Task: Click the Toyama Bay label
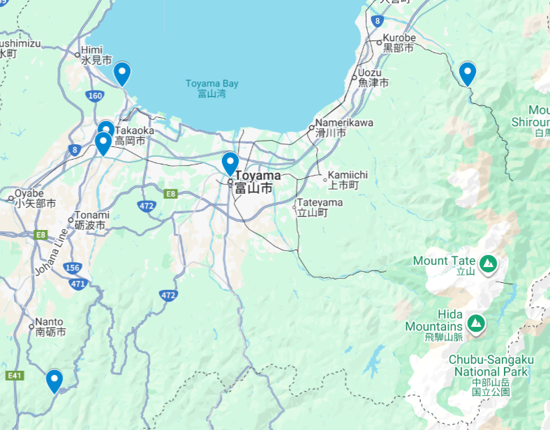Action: tap(211, 89)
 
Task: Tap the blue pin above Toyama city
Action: tap(230, 163)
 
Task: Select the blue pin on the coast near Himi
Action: tap(122, 73)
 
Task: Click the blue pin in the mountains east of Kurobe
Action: tap(467, 73)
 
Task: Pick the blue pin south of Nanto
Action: tap(54, 381)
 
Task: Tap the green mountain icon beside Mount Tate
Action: tap(489, 263)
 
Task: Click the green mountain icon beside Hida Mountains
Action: tap(476, 323)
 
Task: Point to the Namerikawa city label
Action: tap(343, 127)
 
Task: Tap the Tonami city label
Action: tap(91, 220)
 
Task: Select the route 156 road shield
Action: tap(72, 268)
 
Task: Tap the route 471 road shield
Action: tap(77, 284)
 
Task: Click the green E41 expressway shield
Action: tap(14, 376)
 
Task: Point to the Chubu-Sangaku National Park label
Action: tap(491, 376)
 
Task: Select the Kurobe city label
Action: tap(399, 43)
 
